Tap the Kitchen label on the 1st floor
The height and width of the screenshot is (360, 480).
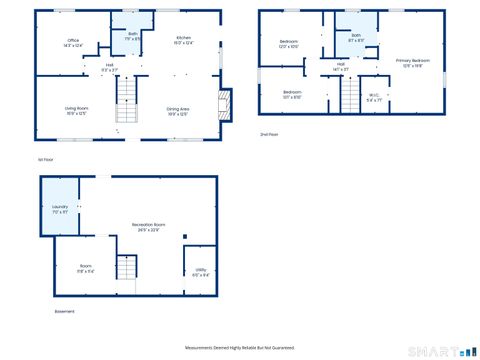(x=183, y=40)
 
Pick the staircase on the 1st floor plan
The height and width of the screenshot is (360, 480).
(x=126, y=94)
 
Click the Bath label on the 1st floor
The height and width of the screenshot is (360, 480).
(x=133, y=35)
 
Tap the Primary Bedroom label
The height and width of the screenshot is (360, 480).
(x=410, y=63)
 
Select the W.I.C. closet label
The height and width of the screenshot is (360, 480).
(x=373, y=98)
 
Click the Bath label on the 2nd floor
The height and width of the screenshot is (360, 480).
(x=356, y=37)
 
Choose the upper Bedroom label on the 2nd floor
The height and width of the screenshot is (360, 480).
(x=289, y=43)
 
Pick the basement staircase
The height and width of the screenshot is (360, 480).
(x=126, y=267)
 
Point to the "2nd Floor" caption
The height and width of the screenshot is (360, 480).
(x=269, y=133)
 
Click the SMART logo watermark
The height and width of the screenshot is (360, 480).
(x=440, y=350)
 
